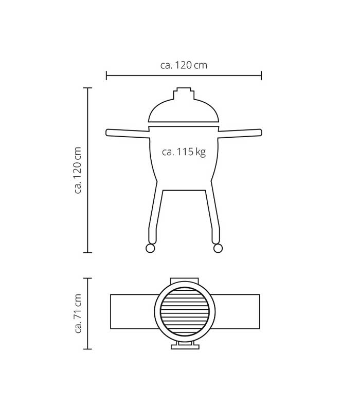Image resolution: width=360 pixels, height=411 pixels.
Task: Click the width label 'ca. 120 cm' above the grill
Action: tap(184, 65)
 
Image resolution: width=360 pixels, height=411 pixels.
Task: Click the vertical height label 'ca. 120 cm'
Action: tap(78, 170)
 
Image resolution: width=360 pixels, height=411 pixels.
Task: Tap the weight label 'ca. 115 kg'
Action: tap(184, 152)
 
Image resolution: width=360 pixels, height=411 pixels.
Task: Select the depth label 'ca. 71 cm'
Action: tap(78, 313)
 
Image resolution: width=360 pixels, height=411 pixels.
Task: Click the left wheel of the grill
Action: tap(150, 248)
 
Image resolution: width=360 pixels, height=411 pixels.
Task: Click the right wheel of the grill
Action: tap(218, 248)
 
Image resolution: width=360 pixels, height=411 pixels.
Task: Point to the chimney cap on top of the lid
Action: tap(184, 93)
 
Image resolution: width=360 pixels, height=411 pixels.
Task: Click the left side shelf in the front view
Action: tap(128, 133)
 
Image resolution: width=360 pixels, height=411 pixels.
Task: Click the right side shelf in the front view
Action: tap(240, 133)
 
